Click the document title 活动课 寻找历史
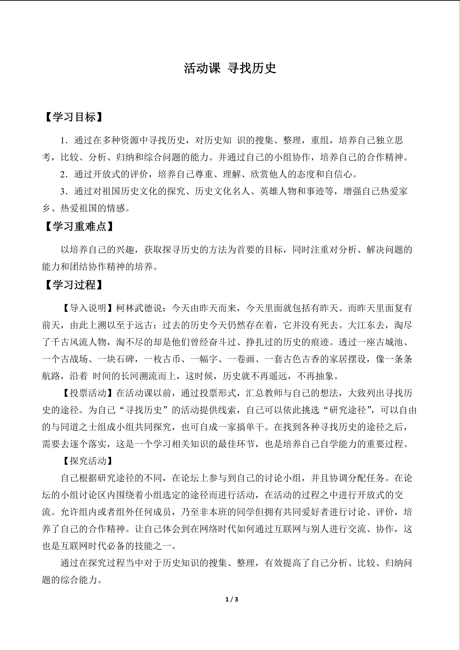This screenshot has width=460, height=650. click(x=230, y=68)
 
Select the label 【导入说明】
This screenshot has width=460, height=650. click(x=88, y=308)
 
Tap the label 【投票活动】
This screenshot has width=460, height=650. click(x=88, y=393)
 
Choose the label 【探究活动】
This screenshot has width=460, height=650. click(x=88, y=461)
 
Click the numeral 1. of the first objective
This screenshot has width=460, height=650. click(x=64, y=140)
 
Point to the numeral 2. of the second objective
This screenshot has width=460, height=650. click(x=64, y=174)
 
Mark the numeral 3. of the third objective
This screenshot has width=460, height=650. click(x=64, y=191)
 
